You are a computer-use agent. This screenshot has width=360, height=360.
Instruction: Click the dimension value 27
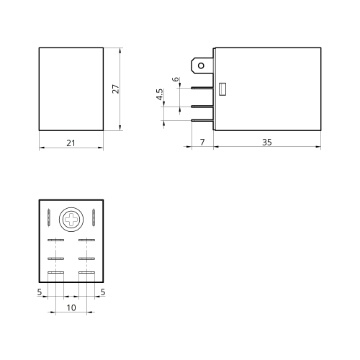tap(116, 89)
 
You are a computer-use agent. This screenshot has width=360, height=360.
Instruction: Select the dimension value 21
tap(71, 143)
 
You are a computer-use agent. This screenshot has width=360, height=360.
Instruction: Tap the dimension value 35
tap(267, 142)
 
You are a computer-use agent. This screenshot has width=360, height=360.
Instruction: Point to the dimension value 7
tap(202, 142)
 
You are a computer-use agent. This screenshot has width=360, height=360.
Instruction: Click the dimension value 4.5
tap(160, 94)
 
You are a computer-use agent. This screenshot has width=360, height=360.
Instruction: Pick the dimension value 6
tap(176, 79)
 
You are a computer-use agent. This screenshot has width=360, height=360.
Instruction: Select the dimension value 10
tap(71, 307)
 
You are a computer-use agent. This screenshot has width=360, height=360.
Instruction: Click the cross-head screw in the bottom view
tap(71, 220)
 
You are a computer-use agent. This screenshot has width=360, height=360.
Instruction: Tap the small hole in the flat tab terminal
tap(201, 66)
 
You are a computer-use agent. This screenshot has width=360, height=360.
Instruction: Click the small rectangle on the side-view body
tap(222, 89)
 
